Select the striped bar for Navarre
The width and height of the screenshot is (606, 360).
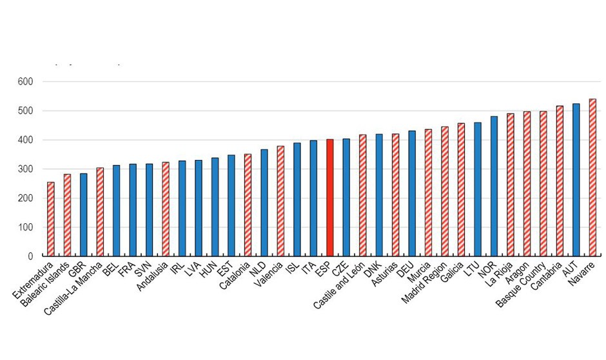(x=592, y=177)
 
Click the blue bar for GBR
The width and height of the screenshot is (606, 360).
(x=84, y=215)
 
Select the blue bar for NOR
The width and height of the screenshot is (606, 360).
(x=494, y=186)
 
